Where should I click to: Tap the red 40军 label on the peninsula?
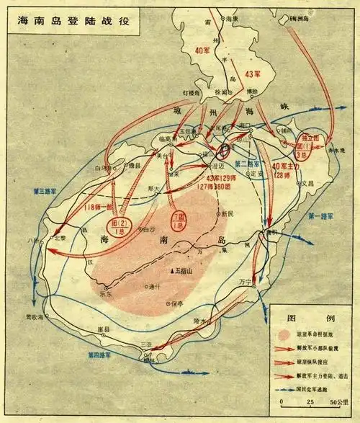204,50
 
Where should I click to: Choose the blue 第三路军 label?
45,191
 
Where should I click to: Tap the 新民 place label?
228,213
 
